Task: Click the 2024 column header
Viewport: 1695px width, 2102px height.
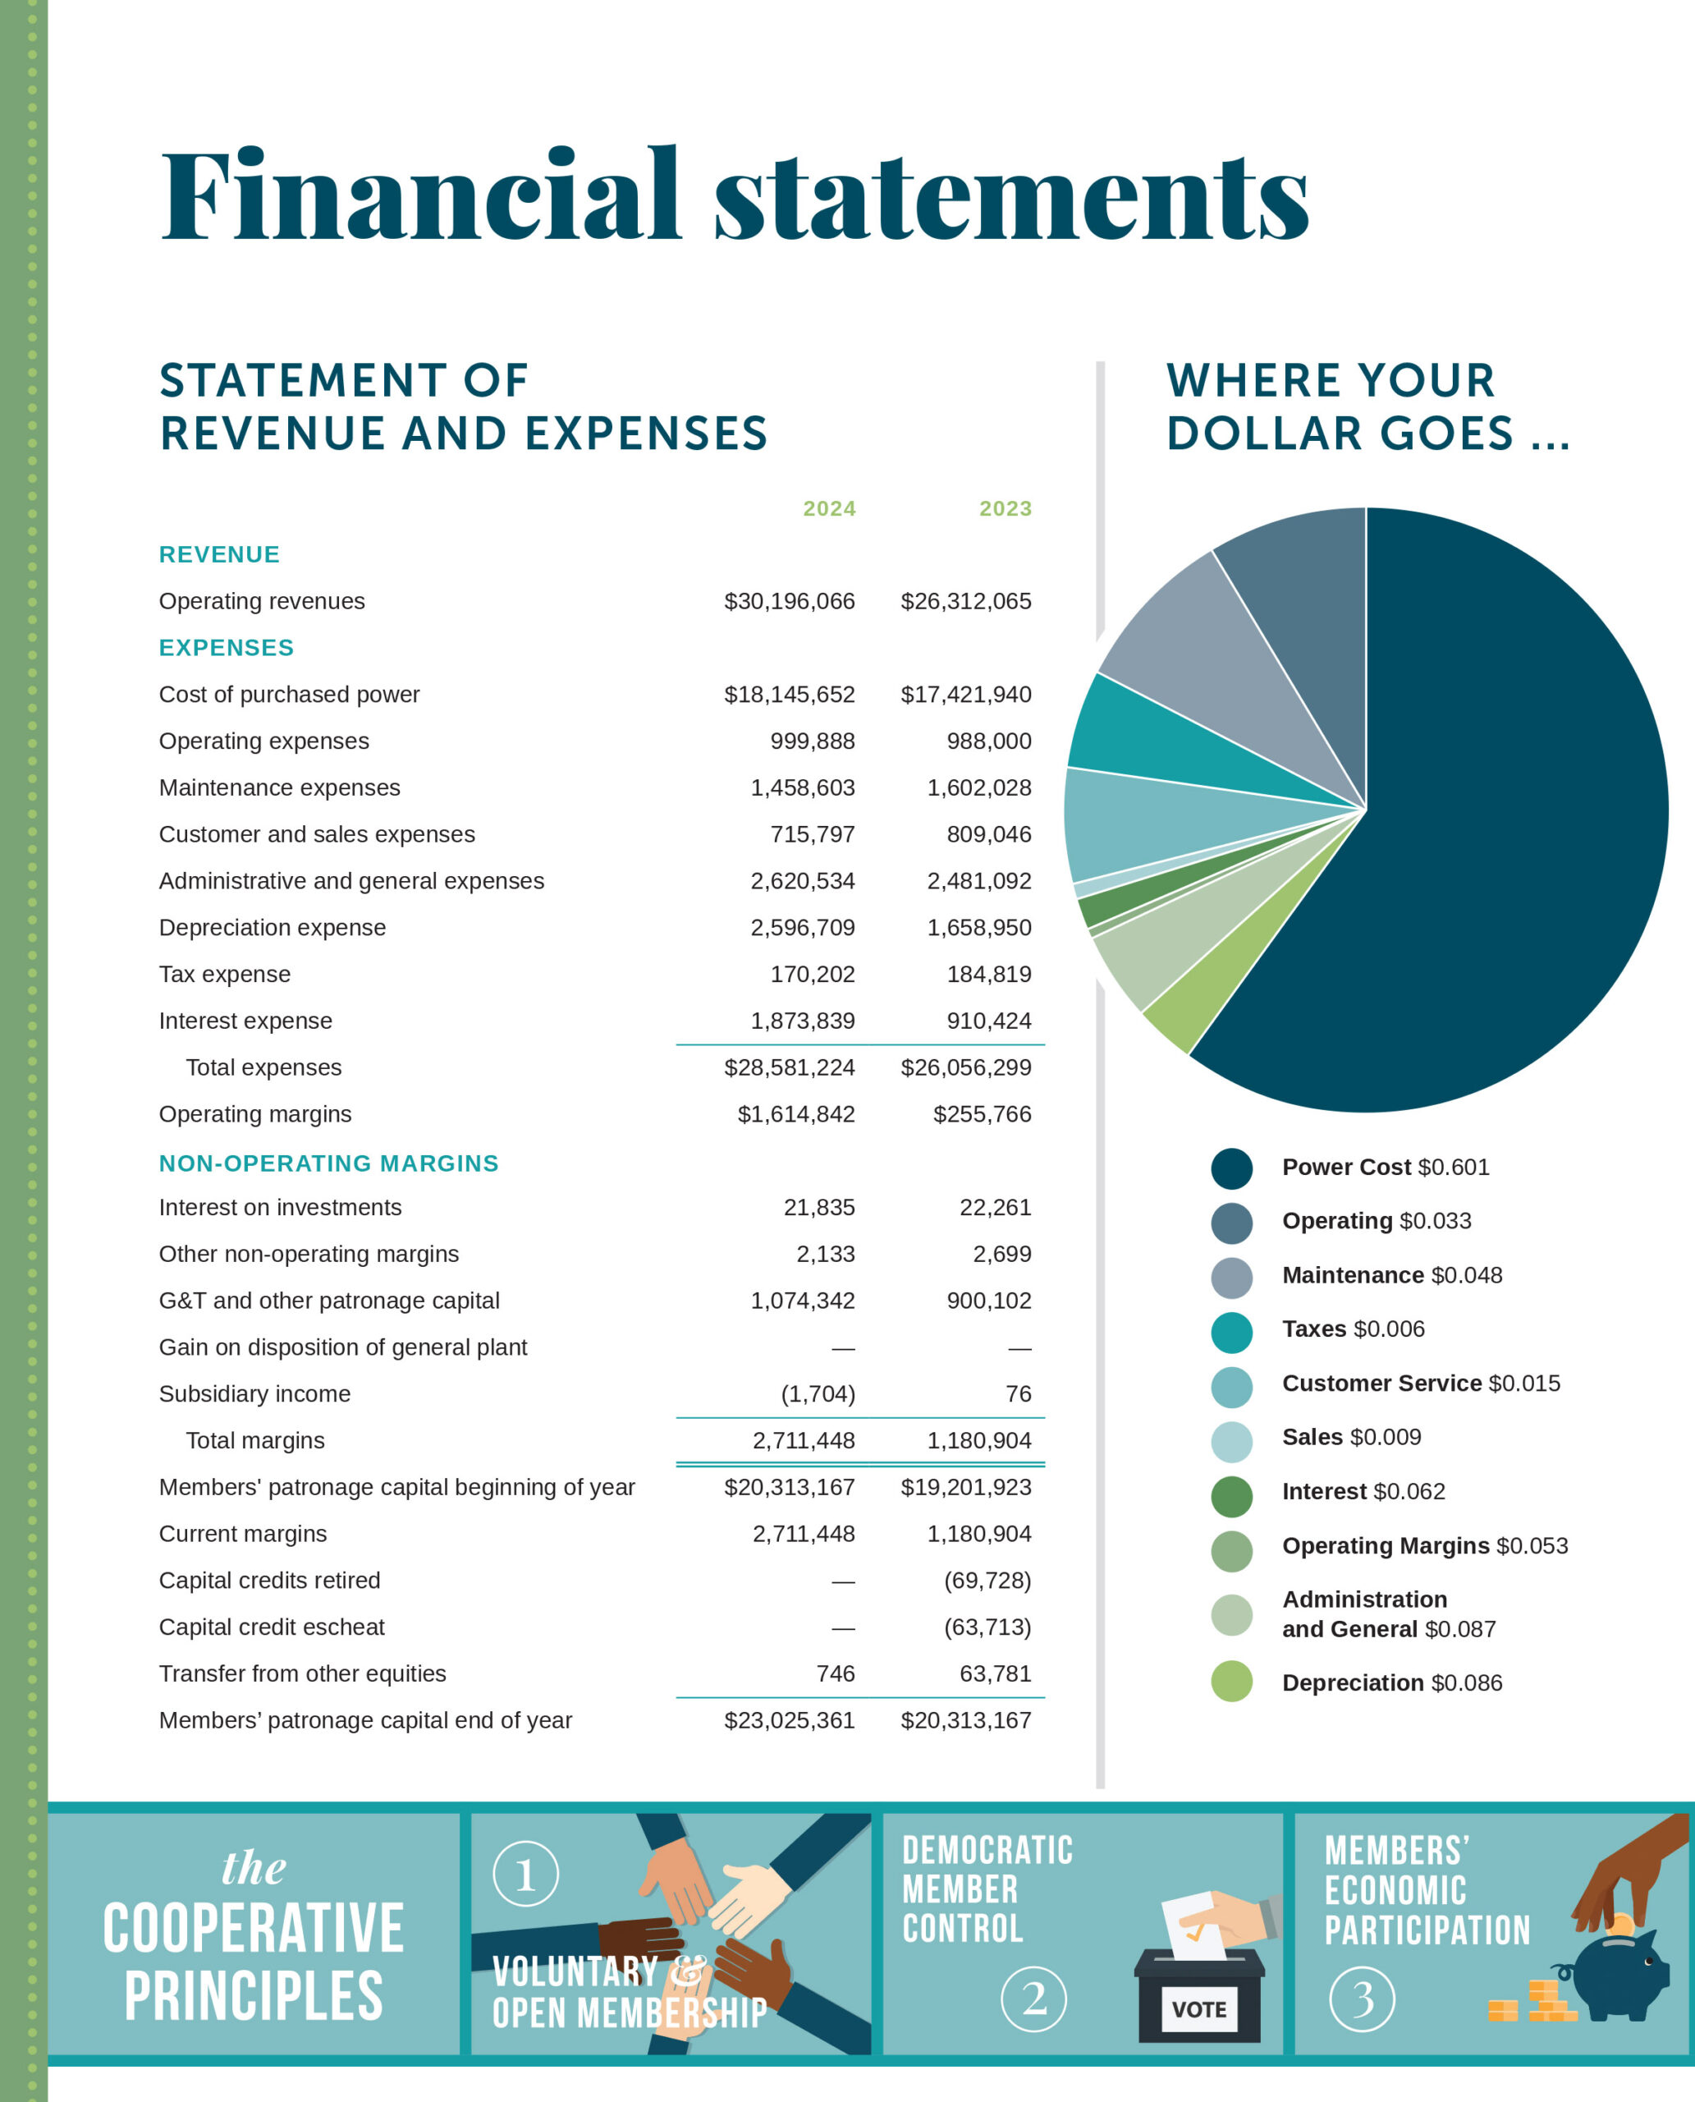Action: click(x=829, y=509)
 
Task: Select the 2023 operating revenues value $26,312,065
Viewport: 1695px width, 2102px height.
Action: click(x=964, y=602)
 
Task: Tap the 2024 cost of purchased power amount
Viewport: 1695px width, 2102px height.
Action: click(x=789, y=695)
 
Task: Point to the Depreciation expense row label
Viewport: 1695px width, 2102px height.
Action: click(x=273, y=928)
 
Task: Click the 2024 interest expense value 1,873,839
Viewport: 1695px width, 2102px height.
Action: click(x=802, y=1021)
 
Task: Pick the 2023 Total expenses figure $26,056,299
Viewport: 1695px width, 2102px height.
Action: click(x=964, y=1067)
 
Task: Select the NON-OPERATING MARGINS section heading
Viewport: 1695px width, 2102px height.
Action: click(x=329, y=1163)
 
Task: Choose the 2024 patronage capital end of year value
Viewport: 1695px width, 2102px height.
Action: click(x=789, y=1720)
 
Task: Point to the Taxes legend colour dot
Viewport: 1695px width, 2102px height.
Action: click(x=1231, y=1333)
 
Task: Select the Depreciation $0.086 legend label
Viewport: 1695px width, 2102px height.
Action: click(x=1391, y=1683)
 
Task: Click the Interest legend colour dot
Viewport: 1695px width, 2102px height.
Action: click(x=1231, y=1496)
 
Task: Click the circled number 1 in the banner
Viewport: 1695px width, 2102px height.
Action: click(x=525, y=1875)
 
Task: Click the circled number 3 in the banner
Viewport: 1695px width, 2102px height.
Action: click(x=1361, y=1999)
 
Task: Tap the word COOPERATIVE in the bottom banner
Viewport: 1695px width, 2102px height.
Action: click(x=254, y=1929)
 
